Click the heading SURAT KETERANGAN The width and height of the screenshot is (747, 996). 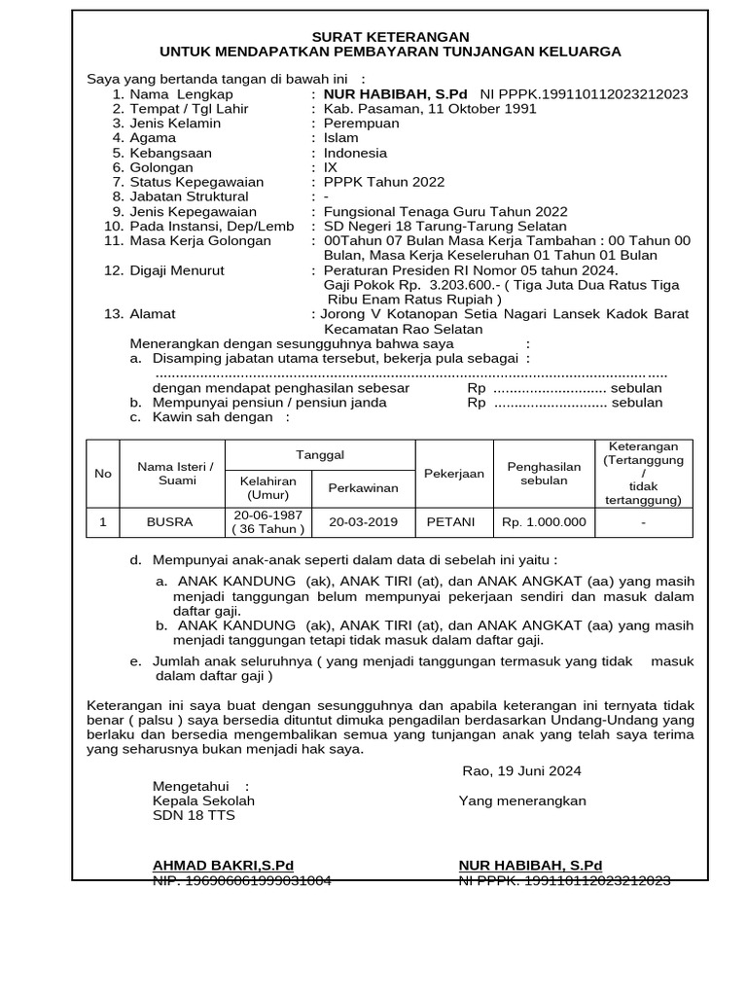389,36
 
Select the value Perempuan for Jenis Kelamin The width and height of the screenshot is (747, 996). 361,124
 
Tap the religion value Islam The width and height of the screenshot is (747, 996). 340,138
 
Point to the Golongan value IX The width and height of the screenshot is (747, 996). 331,167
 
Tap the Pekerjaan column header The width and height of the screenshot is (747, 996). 454,473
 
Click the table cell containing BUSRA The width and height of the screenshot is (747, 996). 169,522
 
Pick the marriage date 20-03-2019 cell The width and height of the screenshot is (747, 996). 364,522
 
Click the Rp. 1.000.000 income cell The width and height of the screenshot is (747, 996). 544,522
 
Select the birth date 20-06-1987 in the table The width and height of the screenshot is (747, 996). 268,515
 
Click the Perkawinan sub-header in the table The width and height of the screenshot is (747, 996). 364,487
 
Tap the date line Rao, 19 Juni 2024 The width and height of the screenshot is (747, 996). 521,771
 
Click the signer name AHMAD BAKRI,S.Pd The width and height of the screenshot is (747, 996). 223,865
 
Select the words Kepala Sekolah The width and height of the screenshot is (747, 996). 203,800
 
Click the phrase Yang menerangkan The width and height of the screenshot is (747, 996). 522,800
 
